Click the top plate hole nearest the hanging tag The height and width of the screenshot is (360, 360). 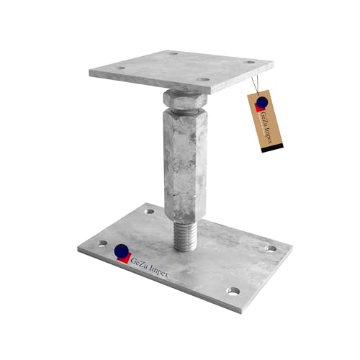tap(249, 62)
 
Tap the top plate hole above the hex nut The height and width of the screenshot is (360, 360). tap(204, 80)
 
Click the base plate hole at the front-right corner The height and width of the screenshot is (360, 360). tap(233, 291)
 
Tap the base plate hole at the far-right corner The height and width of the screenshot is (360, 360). tap(271, 248)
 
